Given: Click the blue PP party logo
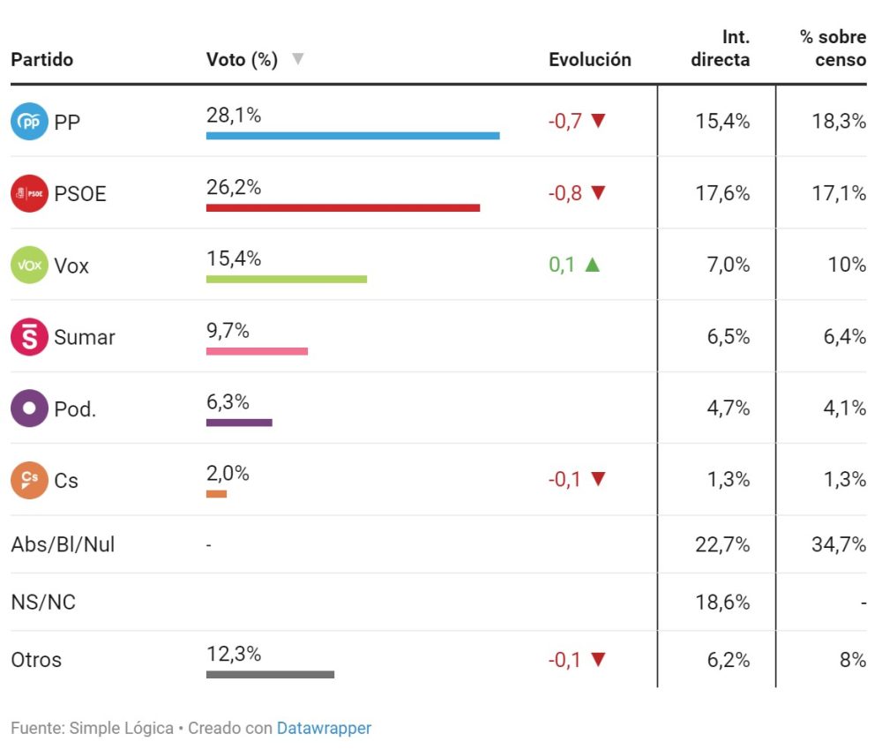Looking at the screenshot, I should (x=29, y=122).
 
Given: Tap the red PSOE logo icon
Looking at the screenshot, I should (x=29, y=193).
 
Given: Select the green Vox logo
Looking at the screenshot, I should (x=29, y=265).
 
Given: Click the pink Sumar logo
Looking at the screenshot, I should (x=29, y=337).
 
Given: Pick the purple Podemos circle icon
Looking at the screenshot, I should (x=29, y=408).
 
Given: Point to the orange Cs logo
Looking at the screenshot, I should (x=29, y=480).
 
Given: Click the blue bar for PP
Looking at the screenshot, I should (x=353, y=136).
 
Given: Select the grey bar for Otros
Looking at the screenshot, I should (x=270, y=675).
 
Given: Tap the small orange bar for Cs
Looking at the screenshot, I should (x=216, y=494).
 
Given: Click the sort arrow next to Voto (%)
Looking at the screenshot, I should (x=297, y=59).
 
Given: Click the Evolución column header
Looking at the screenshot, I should (x=590, y=60).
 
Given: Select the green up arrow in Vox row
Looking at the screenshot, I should (x=592, y=265).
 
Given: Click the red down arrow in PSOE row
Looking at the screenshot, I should (x=599, y=193).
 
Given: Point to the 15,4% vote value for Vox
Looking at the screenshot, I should (x=234, y=258).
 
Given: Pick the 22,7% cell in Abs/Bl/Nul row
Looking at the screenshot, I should (x=722, y=545).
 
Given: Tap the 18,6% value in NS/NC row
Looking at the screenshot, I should (x=722, y=603).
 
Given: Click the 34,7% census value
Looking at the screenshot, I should (x=838, y=545).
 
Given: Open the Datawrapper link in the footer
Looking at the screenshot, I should (x=324, y=729).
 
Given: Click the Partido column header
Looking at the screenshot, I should (x=41, y=60).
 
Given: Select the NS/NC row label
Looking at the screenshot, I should (x=43, y=603).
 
